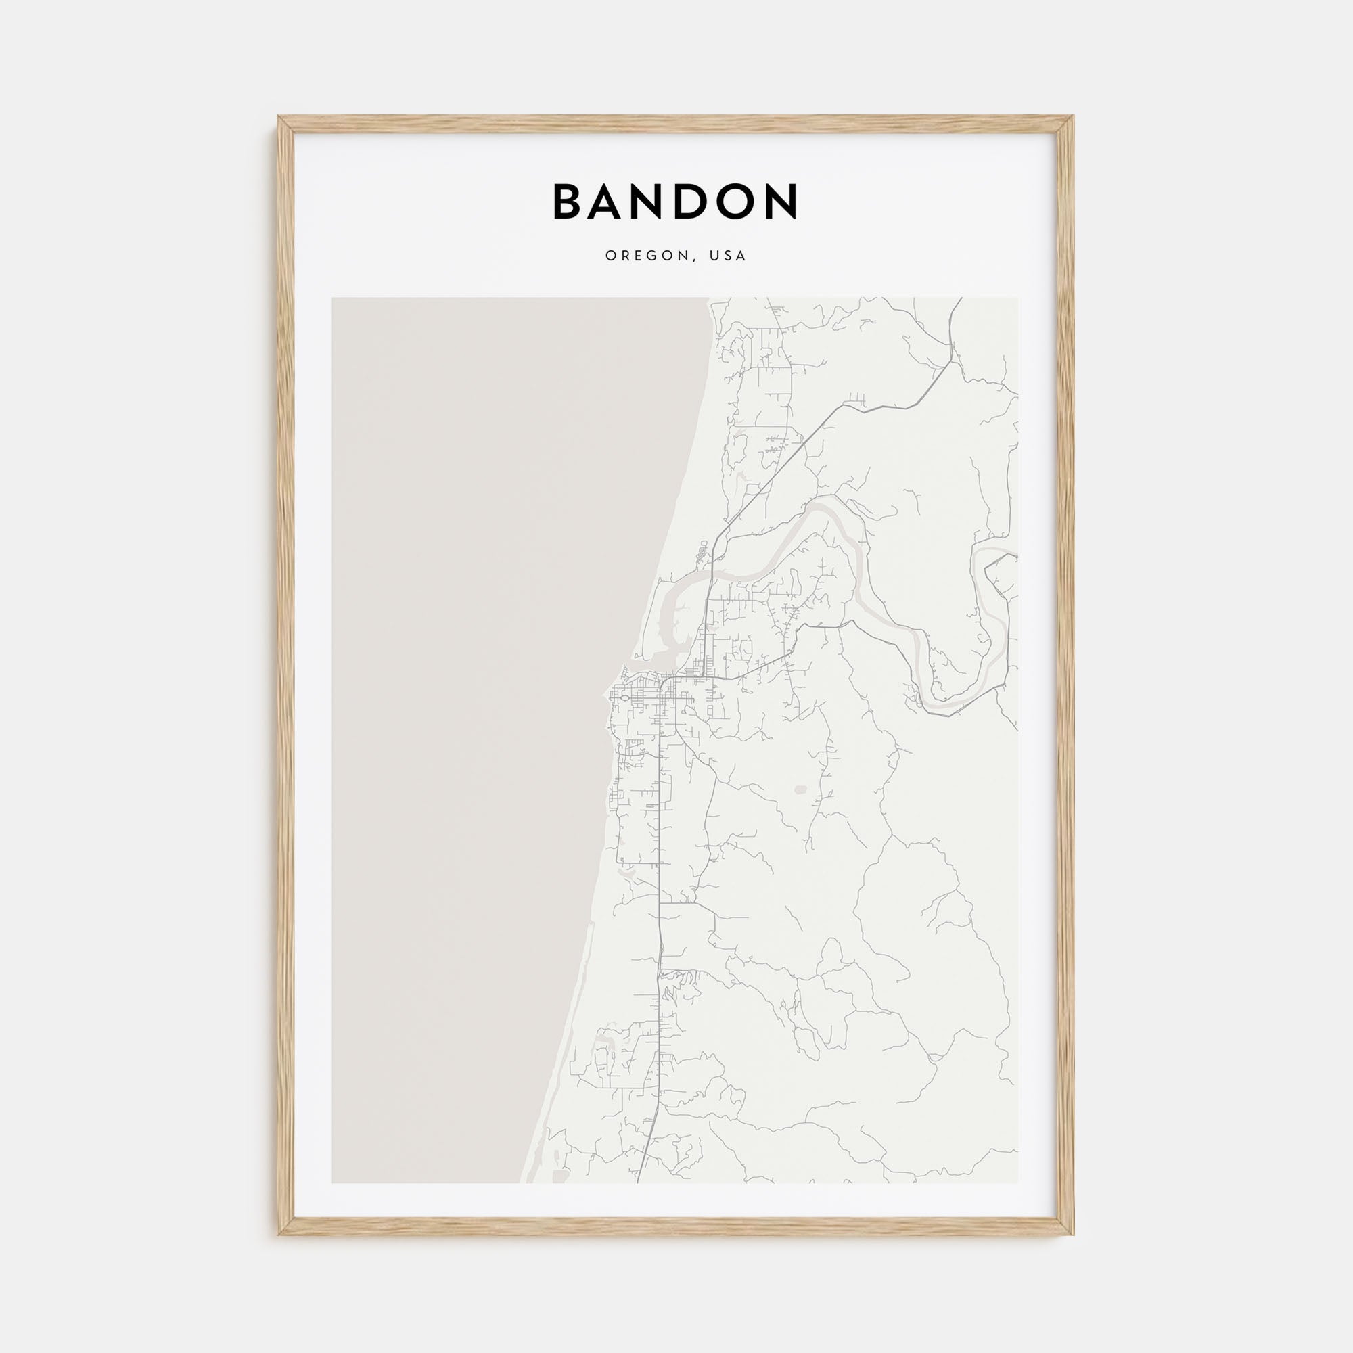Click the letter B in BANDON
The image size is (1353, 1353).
click(x=569, y=202)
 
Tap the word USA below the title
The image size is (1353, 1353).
click(x=728, y=256)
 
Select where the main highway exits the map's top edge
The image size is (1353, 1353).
click(x=960, y=299)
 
